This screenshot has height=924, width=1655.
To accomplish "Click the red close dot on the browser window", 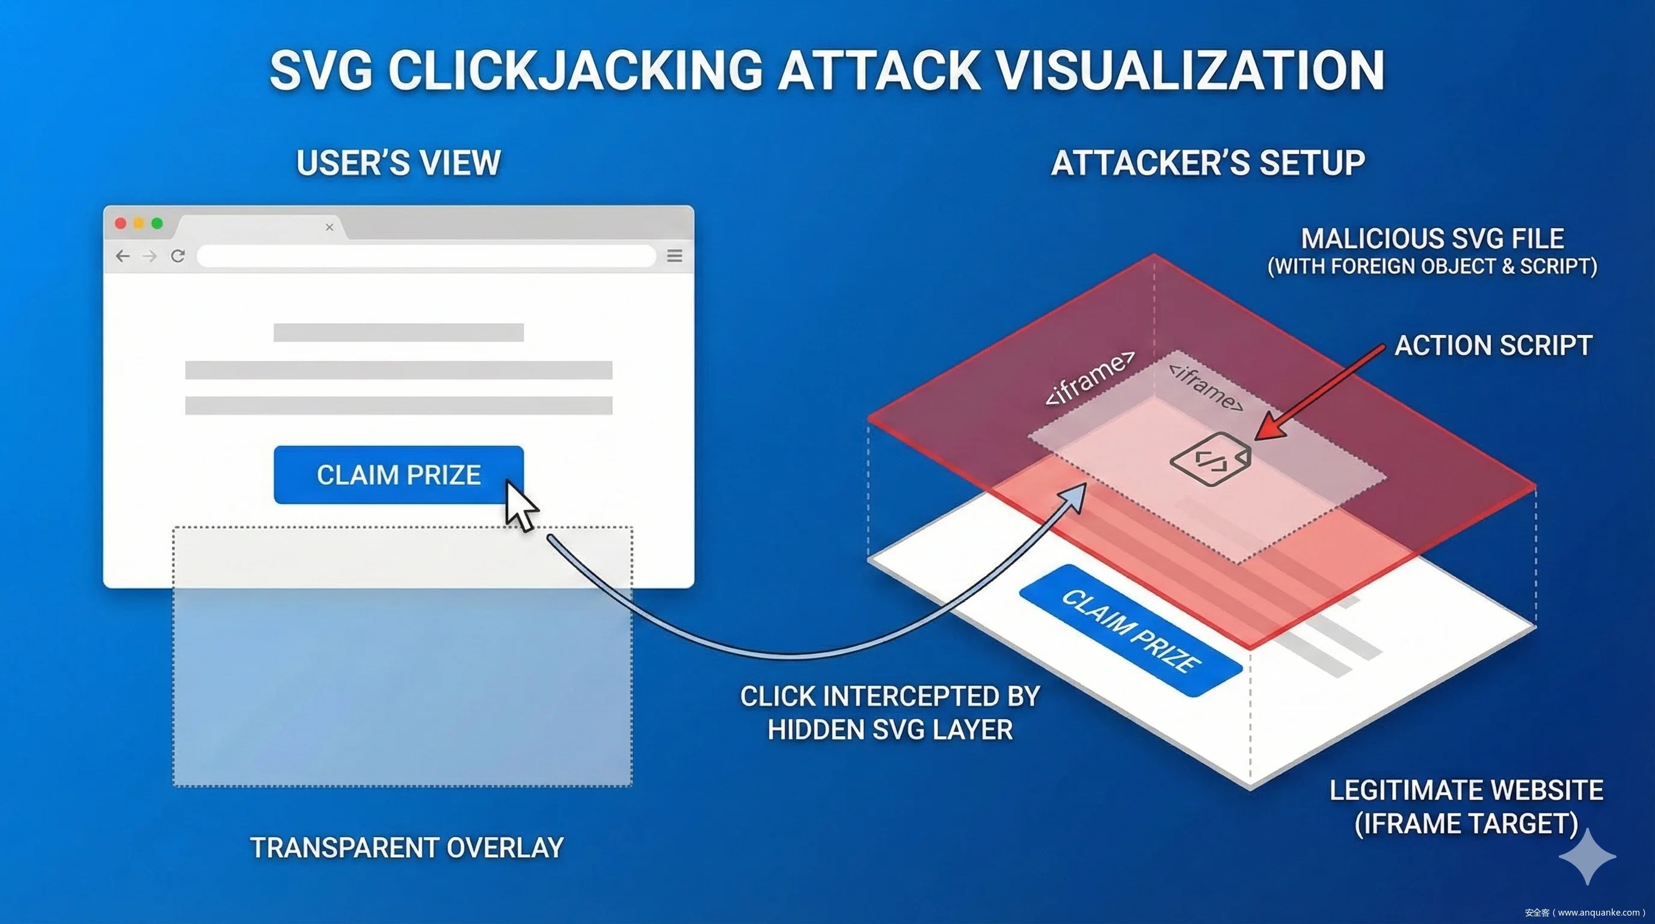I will coord(120,224).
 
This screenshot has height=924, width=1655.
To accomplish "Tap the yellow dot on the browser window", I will coord(139,224).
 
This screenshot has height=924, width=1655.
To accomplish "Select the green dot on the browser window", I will coord(157,224).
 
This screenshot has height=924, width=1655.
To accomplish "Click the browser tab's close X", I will coord(330,227).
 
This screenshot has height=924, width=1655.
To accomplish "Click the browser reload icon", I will coord(178,256).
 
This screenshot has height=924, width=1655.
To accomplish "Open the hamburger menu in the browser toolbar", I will coord(675,256).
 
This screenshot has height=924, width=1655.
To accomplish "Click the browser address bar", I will coord(425,256).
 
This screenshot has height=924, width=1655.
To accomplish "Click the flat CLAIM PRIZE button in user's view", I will coord(398,475).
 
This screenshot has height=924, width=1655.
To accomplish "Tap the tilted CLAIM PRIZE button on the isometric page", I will coord(1130,630).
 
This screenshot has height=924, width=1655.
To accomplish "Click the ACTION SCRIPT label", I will coord(1493,346).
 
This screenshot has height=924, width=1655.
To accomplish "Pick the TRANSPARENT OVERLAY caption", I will coord(407,848).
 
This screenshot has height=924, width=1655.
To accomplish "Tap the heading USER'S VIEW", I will coord(398,162).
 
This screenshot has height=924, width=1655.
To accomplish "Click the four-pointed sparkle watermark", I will coord(1588,857).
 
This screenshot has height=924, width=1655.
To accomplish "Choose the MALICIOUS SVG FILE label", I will coord(1432,239).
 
